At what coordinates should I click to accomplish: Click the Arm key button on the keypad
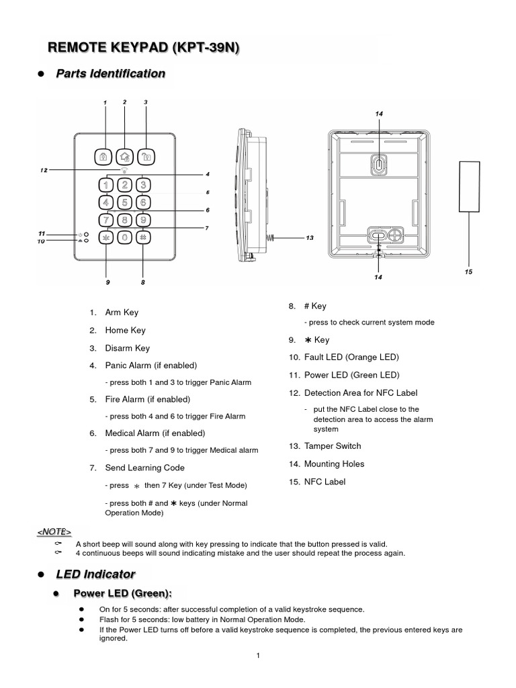105,157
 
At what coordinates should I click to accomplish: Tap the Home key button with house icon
124,157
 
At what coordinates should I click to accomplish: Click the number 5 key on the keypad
124,202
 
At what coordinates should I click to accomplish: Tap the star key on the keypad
105,237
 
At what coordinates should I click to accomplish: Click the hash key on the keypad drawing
143,236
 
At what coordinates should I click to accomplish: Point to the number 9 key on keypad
143,219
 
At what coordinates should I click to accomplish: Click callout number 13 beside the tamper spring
310,238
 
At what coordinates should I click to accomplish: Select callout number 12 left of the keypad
44,170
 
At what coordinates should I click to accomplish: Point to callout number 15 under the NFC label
468,272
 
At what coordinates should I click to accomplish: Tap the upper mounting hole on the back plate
379,164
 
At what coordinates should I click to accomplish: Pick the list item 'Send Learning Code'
144,468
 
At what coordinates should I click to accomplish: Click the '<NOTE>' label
54,532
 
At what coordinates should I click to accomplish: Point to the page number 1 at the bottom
258,656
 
